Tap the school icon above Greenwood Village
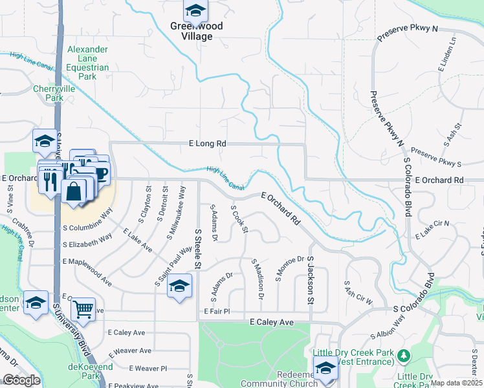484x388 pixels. pyautogui.click(x=195, y=11)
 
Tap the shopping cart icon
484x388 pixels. pyautogui.click(x=83, y=310)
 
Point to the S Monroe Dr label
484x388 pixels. pyautogui.click(x=289, y=268)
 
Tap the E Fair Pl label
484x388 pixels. pyautogui.click(x=217, y=311)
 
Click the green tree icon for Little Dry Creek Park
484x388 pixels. pyautogui.click(x=404, y=356)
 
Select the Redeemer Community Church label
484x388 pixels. pyautogui.click(x=287, y=379)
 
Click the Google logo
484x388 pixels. pyautogui.click(x=22, y=380)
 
